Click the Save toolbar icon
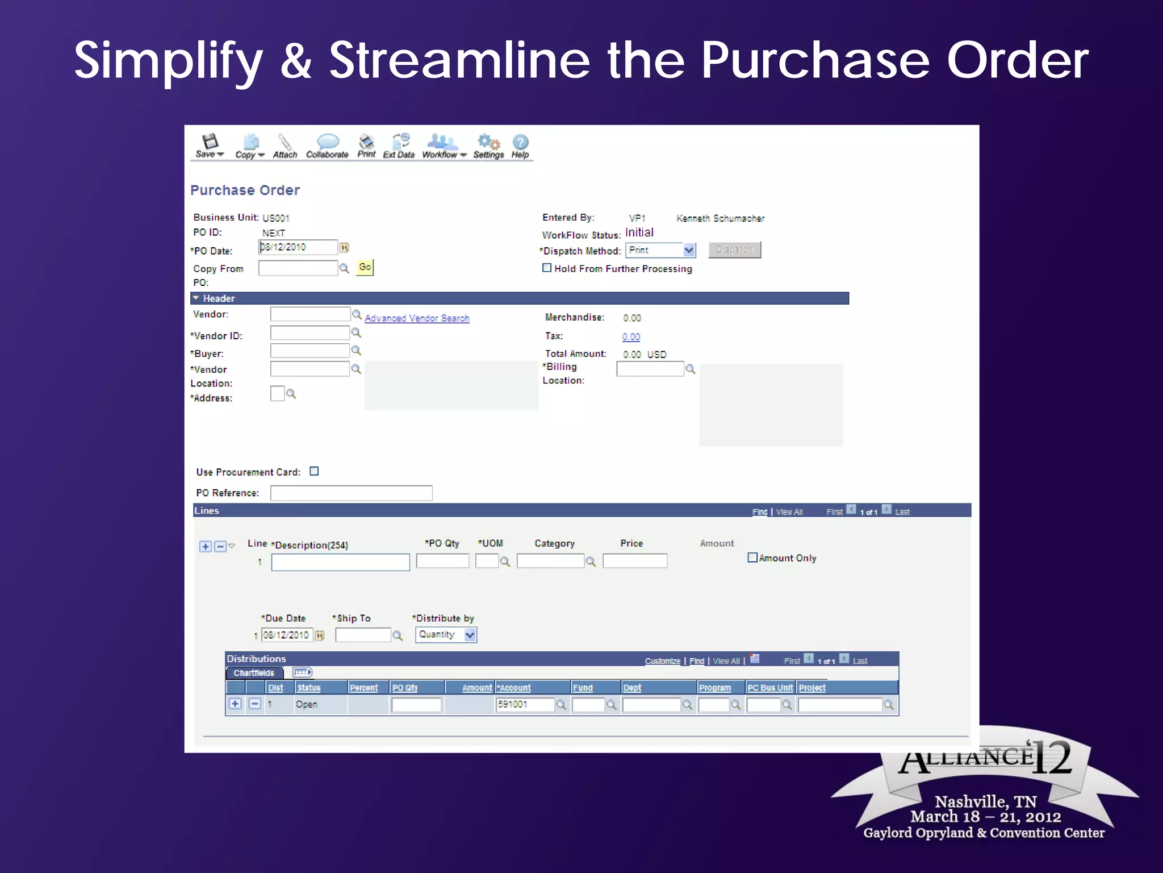(x=210, y=142)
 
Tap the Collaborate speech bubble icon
(x=328, y=142)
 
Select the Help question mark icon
(x=520, y=142)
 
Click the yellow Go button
(x=365, y=267)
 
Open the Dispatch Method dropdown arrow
(x=689, y=250)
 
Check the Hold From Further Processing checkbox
(x=547, y=268)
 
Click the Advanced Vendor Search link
(x=417, y=318)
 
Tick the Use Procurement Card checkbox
(x=314, y=471)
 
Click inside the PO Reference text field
(x=351, y=493)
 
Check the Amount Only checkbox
(x=752, y=558)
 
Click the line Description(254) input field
(x=340, y=562)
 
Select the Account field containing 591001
(x=524, y=705)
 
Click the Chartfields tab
(x=254, y=673)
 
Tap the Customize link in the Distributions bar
(x=662, y=661)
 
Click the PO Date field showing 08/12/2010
(x=298, y=247)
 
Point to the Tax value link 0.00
(x=631, y=337)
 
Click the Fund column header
(x=583, y=688)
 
